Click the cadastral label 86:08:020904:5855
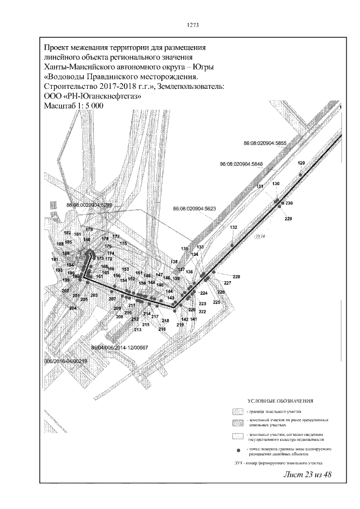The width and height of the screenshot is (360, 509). point(265,144)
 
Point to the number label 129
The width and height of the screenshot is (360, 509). point(301,163)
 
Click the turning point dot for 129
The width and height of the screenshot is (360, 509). point(300,175)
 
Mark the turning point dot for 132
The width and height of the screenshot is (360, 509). point(232,245)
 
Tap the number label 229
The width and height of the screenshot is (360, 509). point(289,218)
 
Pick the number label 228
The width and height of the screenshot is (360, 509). point(236,277)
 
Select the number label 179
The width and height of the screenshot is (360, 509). point(89,229)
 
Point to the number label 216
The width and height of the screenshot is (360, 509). point(162,329)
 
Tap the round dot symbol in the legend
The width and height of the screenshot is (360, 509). point(238,451)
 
